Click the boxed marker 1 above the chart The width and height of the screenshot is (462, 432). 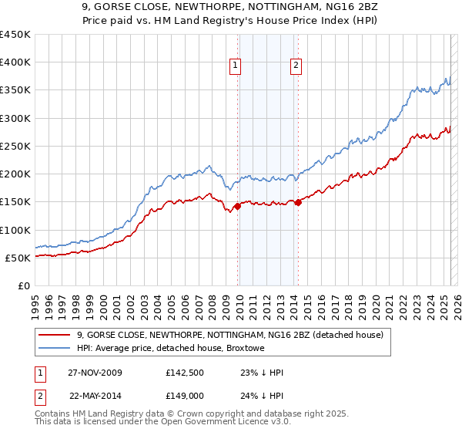tap(235, 66)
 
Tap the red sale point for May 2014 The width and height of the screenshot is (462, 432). tap(298, 202)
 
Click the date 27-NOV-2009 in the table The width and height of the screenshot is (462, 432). tap(95, 373)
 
